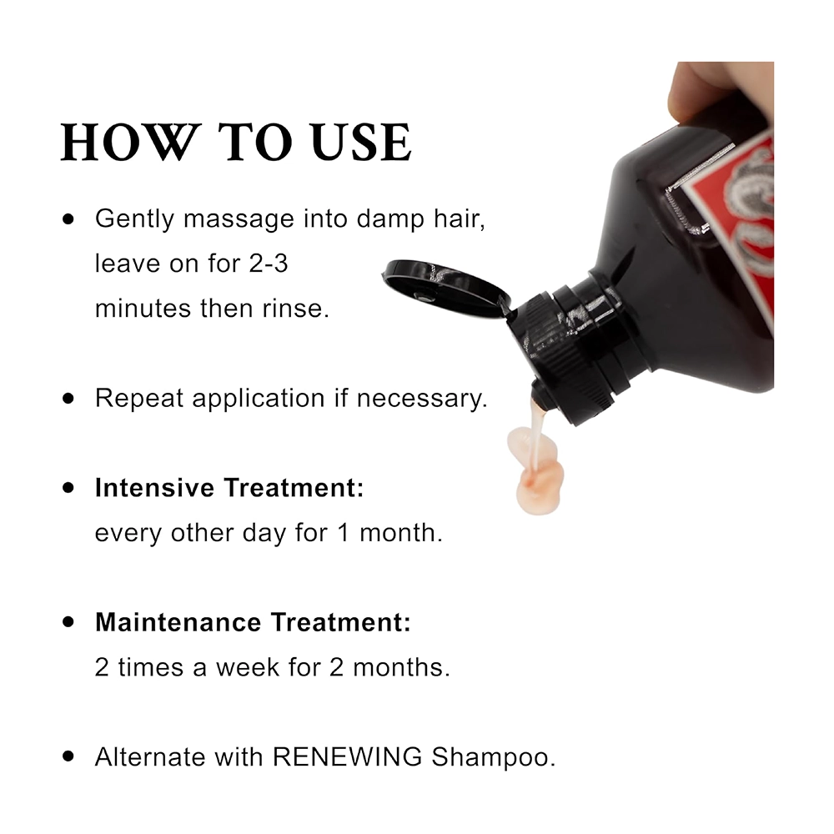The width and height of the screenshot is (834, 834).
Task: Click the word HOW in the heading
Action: click(x=128, y=142)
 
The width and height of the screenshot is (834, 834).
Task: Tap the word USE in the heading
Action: click(x=362, y=142)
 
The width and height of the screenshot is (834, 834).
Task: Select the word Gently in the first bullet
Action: click(x=134, y=219)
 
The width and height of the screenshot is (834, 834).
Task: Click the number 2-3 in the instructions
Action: click(x=269, y=264)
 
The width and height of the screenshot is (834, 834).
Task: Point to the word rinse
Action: click(x=296, y=309)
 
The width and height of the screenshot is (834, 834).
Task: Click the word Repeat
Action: click(x=139, y=399)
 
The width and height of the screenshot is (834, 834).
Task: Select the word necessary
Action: click(x=422, y=399)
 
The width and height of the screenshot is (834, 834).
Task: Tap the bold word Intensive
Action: click(x=155, y=487)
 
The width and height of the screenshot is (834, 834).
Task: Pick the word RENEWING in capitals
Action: click(x=347, y=757)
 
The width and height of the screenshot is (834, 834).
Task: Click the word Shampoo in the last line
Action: click(x=493, y=758)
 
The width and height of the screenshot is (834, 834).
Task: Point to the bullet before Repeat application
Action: click(x=68, y=398)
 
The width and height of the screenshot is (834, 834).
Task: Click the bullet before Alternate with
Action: click(x=68, y=756)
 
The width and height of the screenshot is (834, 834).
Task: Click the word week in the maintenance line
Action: click(x=248, y=667)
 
